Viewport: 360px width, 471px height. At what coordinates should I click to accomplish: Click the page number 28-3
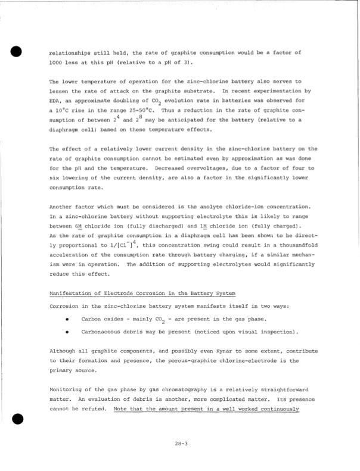coord(182,443)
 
